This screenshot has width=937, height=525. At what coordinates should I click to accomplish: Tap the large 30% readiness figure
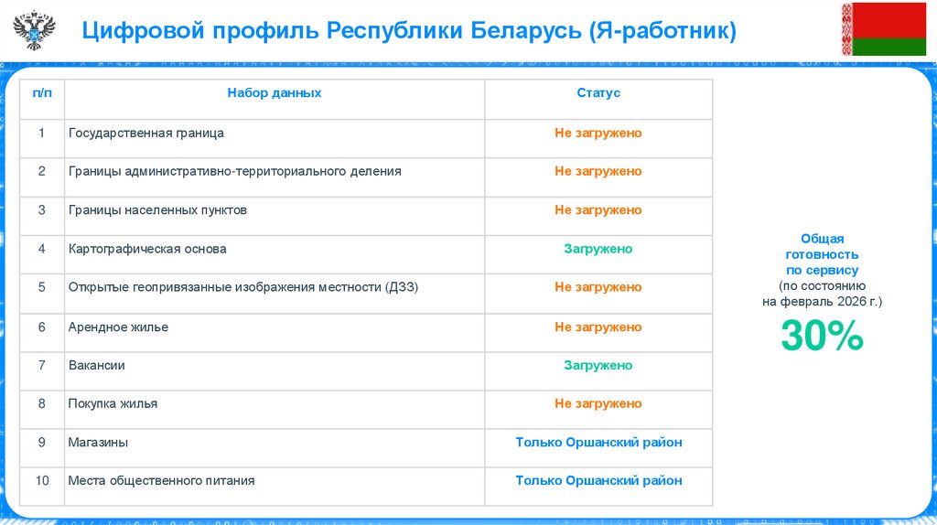click(x=822, y=337)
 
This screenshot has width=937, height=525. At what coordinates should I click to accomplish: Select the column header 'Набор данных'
click(x=275, y=93)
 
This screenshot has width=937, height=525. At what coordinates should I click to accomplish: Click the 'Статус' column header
click(x=598, y=93)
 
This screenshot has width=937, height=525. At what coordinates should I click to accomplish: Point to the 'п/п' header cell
click(x=42, y=93)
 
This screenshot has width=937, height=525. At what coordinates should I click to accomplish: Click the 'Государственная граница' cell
click(x=146, y=134)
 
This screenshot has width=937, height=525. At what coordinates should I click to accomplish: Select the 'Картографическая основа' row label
click(x=147, y=249)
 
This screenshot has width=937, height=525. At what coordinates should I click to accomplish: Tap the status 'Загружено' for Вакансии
click(x=598, y=366)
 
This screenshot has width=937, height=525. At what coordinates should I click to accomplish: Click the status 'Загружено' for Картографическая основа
click(x=598, y=249)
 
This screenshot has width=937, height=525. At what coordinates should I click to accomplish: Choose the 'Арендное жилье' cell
click(x=118, y=327)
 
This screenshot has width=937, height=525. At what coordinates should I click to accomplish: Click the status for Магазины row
click(x=598, y=443)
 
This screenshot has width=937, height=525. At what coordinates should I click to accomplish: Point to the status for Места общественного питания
click(x=598, y=481)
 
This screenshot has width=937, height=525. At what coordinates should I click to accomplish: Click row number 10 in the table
click(x=42, y=481)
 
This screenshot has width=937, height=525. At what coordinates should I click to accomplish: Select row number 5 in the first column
click(x=42, y=287)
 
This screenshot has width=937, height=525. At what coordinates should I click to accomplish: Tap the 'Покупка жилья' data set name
click(x=113, y=404)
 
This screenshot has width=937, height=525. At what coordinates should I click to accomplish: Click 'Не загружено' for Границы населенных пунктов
click(x=598, y=210)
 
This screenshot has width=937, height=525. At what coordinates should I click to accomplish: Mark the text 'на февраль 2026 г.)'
click(x=822, y=301)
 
